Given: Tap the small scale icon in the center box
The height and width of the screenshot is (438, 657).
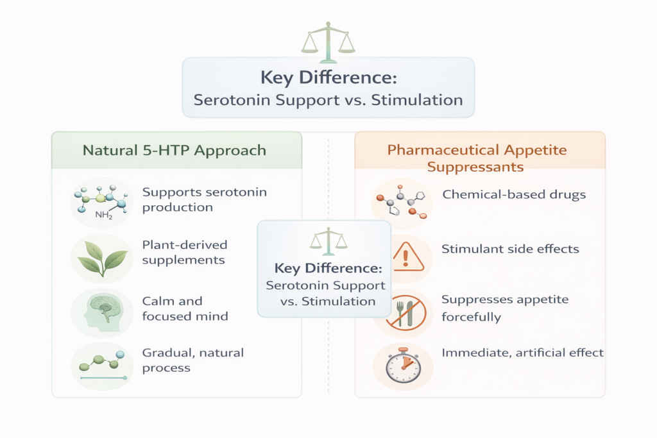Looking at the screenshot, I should point(328,240).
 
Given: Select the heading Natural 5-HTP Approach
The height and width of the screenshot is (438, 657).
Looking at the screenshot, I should point(175,151).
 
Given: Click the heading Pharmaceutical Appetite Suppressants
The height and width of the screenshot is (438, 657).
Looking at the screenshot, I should point(477,158).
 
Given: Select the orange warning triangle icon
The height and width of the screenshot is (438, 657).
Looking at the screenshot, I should point(405,256).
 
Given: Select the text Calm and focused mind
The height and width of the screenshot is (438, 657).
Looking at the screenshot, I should point(185,308).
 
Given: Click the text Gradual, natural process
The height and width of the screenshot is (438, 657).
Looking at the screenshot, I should point(192,360).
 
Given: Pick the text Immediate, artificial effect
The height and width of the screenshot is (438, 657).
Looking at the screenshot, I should point(523,353).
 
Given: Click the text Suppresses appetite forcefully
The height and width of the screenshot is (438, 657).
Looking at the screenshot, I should point(505,308).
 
